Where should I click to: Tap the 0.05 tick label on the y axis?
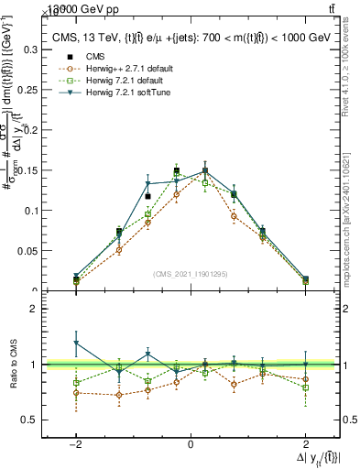coord(28,250)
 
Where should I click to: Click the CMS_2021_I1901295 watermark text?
coord(191,274)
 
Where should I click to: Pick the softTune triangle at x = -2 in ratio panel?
coord(76,343)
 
